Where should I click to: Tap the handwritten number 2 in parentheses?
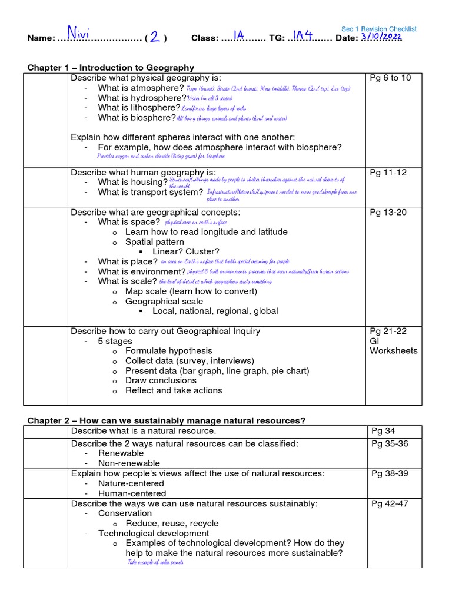pos(155,37)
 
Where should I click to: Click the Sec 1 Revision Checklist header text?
pos(379,29)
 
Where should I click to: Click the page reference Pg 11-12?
pos(388,173)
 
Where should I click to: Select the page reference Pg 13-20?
pos(388,212)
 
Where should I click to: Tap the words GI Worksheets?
pos(393,346)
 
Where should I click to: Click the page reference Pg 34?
pos(383,432)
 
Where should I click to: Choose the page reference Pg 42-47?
pos(390,503)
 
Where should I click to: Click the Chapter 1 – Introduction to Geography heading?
pos(111,68)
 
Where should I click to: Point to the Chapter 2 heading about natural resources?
pos(167,420)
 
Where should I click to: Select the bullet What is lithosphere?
pos(139,108)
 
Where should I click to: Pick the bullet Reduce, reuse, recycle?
pos(172,524)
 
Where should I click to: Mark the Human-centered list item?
pos(132,493)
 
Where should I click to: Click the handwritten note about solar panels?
pos(155,562)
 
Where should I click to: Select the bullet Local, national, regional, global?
pos(215,311)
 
